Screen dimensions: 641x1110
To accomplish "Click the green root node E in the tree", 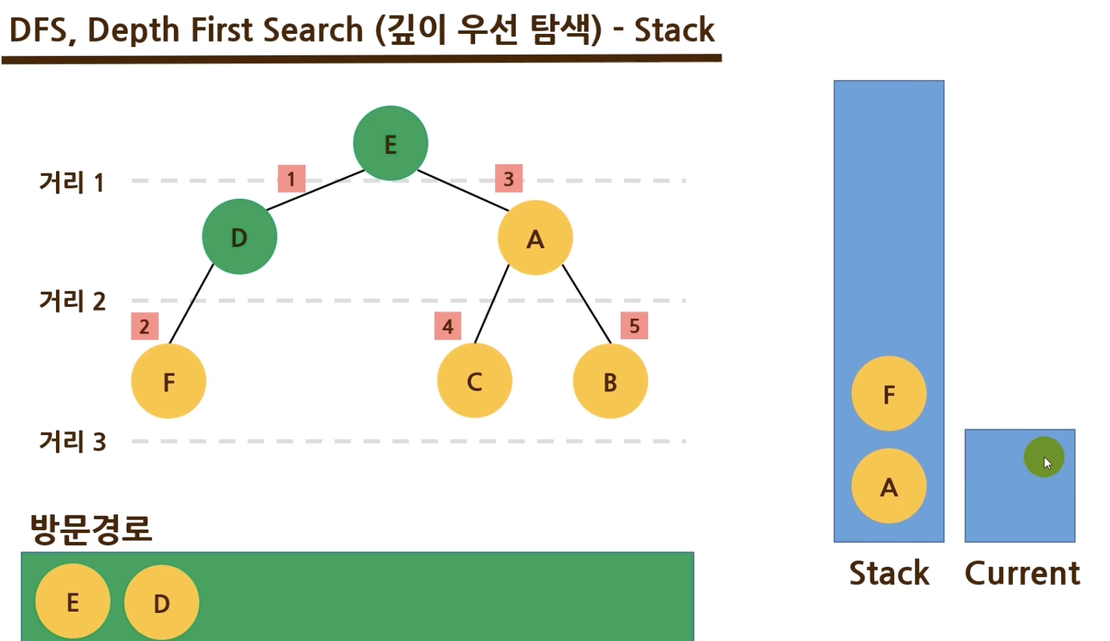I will pos(390,143).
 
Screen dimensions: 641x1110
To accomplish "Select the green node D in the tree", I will pos(239,236).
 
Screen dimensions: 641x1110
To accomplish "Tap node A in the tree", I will pos(535,238).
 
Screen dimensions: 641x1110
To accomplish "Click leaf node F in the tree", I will pos(169,381).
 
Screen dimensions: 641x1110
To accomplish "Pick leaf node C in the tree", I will pos(474,381).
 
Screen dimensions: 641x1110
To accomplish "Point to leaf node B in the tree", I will pos(610,381).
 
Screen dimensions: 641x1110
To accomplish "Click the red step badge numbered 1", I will pos(291,178).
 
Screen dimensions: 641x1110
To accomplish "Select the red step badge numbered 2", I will pos(145,326).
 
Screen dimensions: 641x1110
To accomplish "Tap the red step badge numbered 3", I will pos(509,178).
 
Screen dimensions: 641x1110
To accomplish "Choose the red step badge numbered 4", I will pos(448,326).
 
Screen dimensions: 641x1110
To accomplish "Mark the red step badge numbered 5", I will pos(634,326).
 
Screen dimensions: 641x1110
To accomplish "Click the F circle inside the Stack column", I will pos(889,393).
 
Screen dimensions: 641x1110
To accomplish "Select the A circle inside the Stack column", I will pos(889,486).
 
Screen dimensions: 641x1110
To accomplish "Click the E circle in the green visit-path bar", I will pos(72,601).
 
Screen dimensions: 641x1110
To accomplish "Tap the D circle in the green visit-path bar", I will pos(161,603).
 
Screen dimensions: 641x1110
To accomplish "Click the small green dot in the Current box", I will pos(1043,457).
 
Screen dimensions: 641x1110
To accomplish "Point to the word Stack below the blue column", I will pos(889,573).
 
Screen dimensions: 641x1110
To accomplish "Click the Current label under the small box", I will pos(1021,573).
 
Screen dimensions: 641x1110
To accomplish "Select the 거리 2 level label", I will pos(72,301).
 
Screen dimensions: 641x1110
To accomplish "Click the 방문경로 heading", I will pos(91,528).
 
